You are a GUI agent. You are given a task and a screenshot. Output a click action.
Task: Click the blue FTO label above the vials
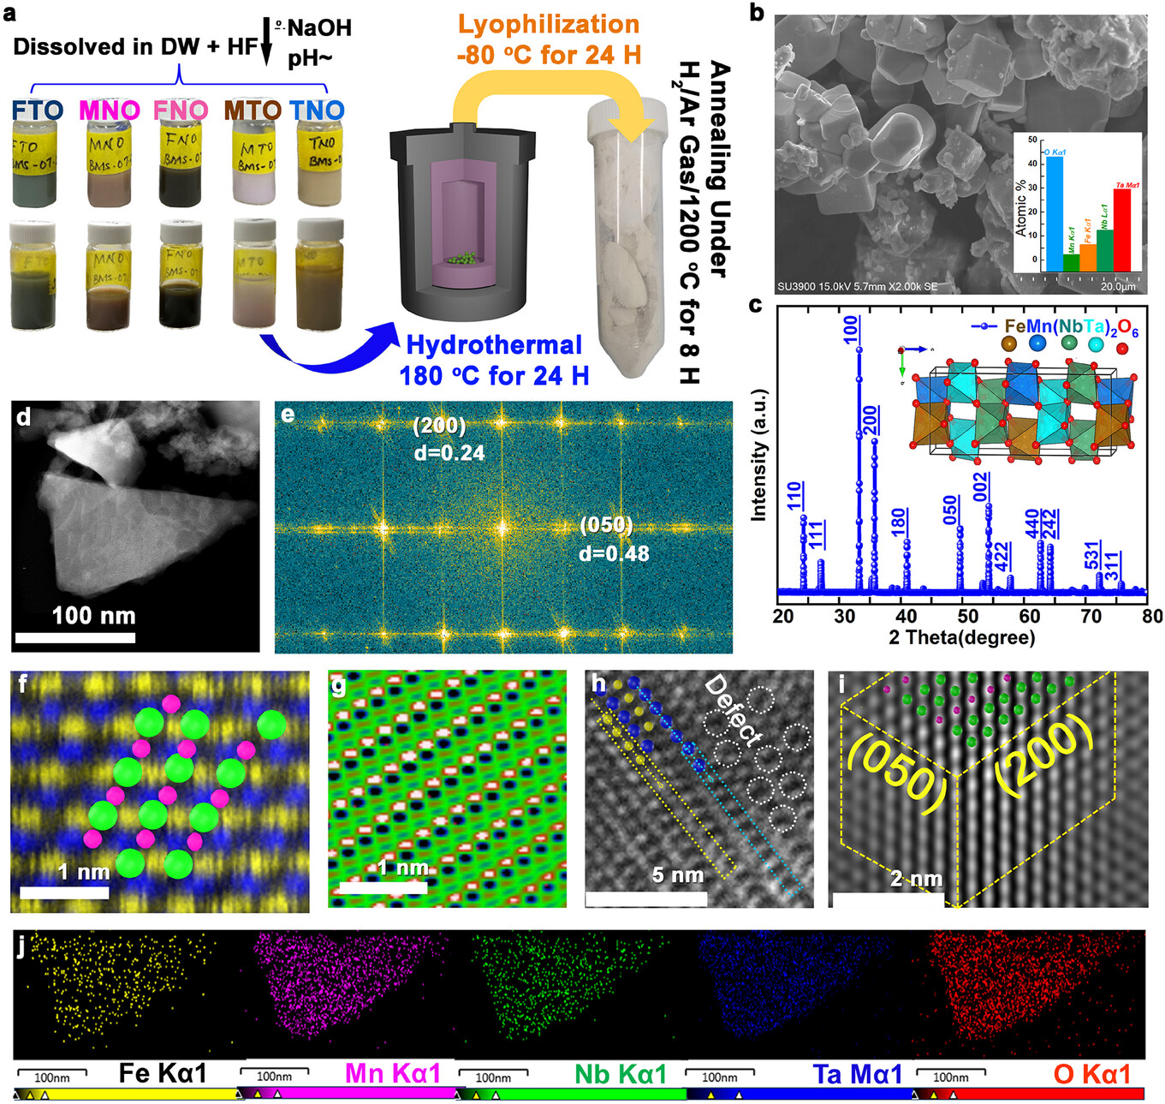37,110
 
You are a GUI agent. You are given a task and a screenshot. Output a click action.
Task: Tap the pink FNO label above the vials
180,110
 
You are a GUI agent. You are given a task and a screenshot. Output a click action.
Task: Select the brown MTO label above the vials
253,110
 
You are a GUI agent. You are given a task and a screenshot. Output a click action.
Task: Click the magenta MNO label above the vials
109,110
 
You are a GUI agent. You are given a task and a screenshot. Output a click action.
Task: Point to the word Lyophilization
549,24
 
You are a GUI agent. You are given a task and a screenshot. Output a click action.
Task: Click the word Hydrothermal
494,345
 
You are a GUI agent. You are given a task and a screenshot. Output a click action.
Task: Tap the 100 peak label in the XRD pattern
850,329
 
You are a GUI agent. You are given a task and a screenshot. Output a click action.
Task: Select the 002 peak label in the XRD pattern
981,486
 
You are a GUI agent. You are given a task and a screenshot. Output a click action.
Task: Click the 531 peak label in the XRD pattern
1091,555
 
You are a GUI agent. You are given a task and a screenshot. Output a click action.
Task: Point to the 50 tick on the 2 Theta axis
967,617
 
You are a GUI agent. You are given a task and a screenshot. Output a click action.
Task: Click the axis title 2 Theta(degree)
961,637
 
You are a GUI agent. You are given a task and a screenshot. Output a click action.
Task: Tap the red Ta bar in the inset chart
1121,230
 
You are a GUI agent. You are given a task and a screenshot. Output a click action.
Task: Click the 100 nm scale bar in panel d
75,637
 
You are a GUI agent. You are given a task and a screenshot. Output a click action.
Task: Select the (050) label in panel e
606,525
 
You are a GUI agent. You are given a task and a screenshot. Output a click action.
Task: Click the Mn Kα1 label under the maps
392,1073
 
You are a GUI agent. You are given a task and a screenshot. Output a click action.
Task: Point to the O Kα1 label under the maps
1091,1073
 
